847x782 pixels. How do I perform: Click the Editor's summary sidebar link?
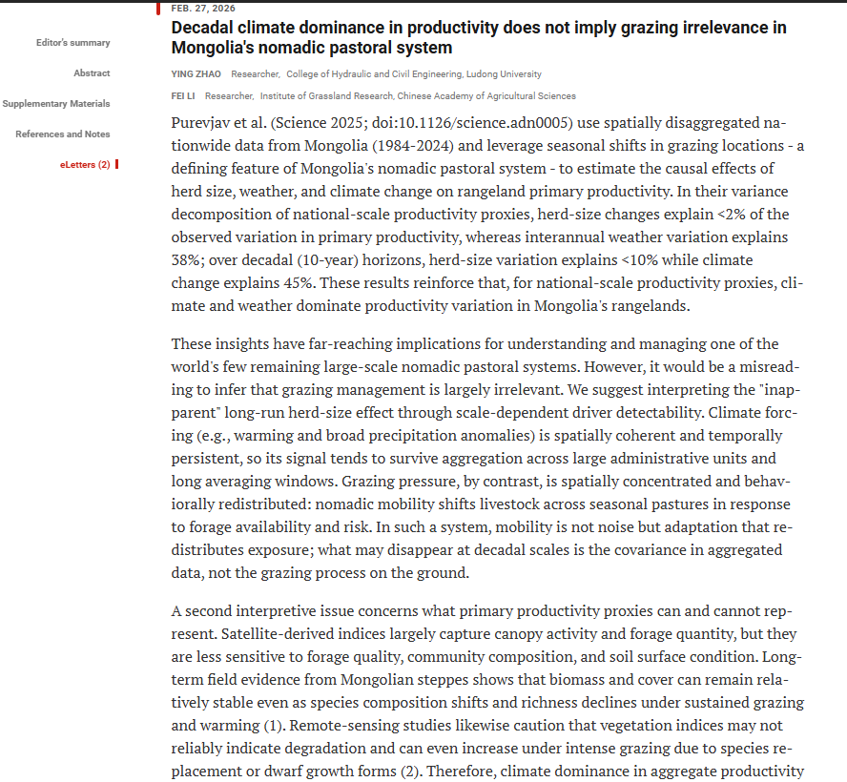point(72,43)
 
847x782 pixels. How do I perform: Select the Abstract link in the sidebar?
point(92,73)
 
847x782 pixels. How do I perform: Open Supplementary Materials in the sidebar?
point(55,104)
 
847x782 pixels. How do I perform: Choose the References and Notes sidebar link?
point(62,134)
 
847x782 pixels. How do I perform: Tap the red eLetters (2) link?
point(85,165)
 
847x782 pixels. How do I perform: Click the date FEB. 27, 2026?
point(203,8)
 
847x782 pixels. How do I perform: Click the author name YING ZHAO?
point(196,74)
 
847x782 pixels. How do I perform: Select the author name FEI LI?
point(184,96)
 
